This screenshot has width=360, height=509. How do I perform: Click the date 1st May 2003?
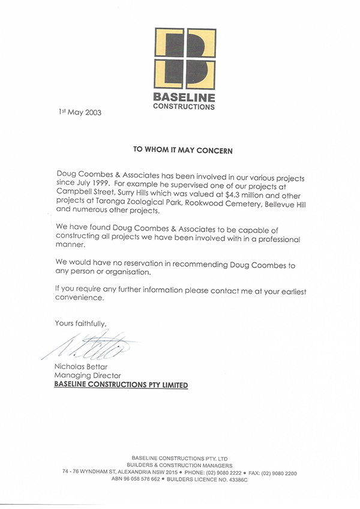tap(80, 112)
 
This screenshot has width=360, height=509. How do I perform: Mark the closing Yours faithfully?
tap(81, 323)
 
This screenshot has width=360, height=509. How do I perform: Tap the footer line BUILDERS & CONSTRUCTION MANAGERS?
tap(179, 465)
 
